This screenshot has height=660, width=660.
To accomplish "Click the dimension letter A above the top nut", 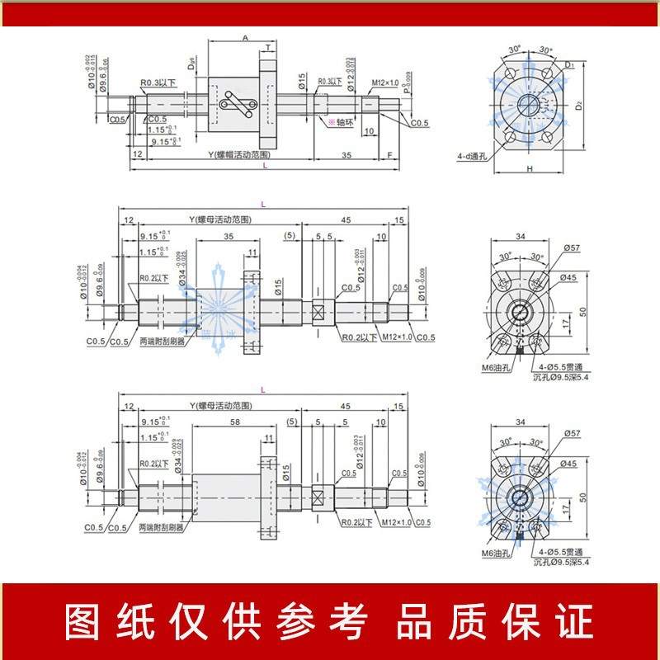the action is tap(245, 37).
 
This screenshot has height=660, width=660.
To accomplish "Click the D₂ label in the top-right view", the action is tap(579, 105).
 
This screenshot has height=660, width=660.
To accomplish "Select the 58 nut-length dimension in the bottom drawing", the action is tap(236, 422).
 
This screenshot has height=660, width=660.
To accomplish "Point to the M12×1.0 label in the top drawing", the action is tap(384, 82).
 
